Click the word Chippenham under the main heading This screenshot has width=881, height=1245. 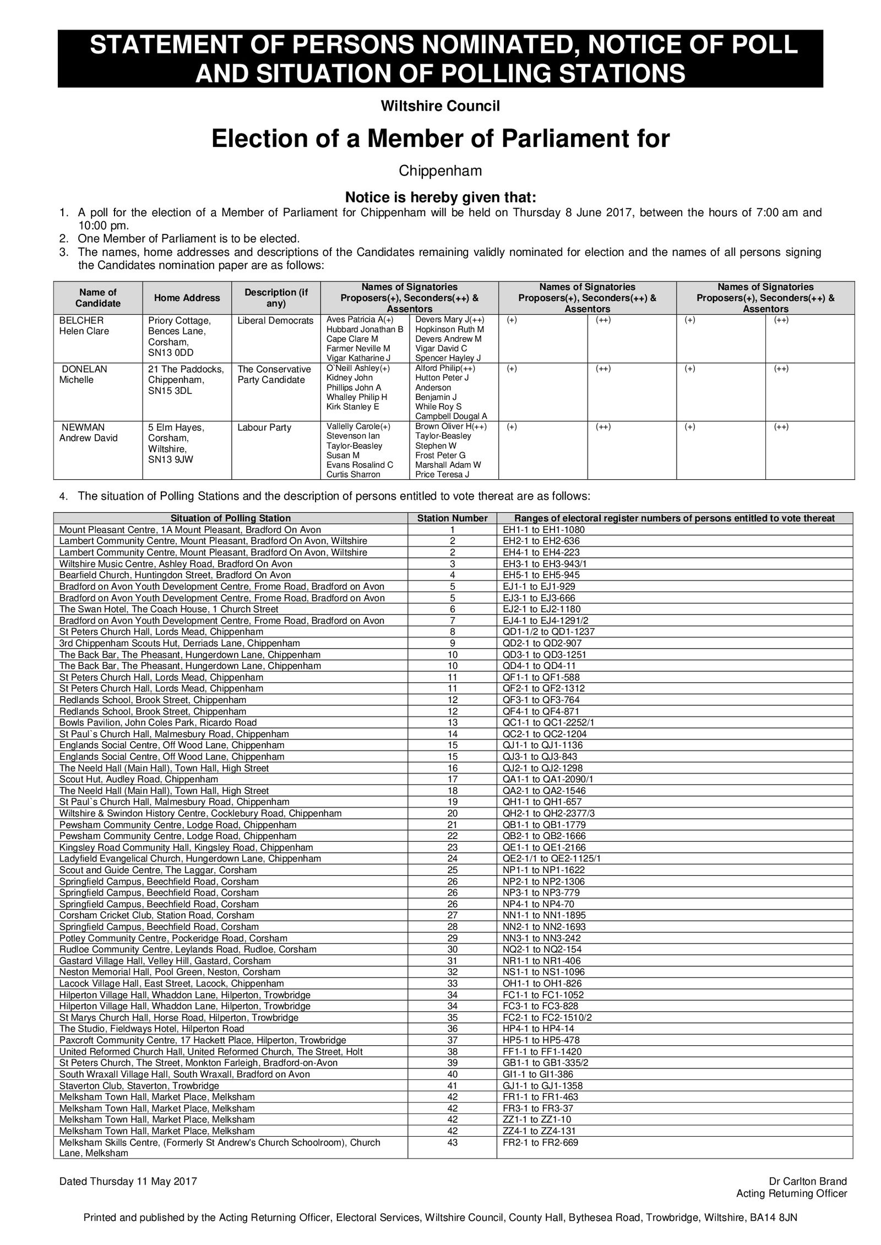click(x=440, y=171)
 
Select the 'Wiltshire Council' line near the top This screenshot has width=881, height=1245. click(x=440, y=106)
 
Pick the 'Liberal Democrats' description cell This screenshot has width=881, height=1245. click(x=275, y=321)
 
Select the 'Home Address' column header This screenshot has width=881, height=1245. click(x=187, y=298)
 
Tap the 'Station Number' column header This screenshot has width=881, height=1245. click(x=452, y=518)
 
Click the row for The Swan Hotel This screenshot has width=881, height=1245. click(x=168, y=609)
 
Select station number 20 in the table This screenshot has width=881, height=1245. click(x=452, y=813)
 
